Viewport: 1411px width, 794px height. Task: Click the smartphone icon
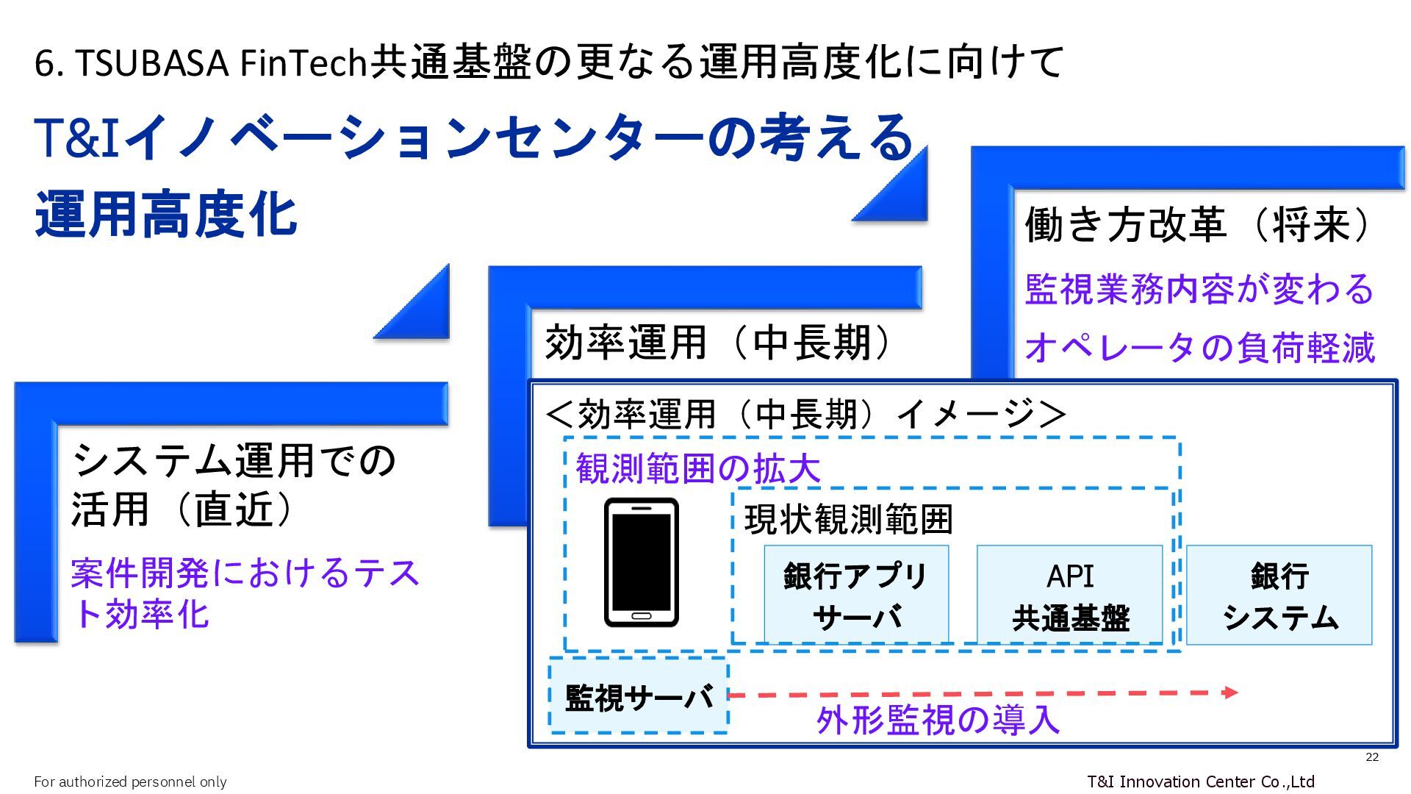pyautogui.click(x=641, y=562)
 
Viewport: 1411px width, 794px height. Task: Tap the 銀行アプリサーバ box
pyautogui.click(x=856, y=595)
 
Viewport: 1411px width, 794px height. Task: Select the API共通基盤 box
pyautogui.click(x=1069, y=595)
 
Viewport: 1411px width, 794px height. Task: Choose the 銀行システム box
pyautogui.click(x=1279, y=595)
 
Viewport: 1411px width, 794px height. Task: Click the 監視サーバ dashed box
pyautogui.click(x=639, y=696)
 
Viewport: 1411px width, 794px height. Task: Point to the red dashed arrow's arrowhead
pyautogui.click(x=1230, y=692)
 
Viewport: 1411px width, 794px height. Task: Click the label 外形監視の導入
pyautogui.click(x=938, y=720)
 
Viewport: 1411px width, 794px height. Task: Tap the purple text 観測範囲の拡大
pyautogui.click(x=697, y=468)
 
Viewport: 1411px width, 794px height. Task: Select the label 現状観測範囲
pyautogui.click(x=848, y=520)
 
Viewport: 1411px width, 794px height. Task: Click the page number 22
pyautogui.click(x=1371, y=757)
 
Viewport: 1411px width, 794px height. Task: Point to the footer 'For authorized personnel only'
pyautogui.click(x=130, y=782)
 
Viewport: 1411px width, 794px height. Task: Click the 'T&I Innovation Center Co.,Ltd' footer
pyautogui.click(x=1200, y=781)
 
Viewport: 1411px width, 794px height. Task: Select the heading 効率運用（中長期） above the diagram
pyautogui.click(x=719, y=343)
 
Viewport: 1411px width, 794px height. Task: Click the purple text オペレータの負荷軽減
pyautogui.click(x=1199, y=347)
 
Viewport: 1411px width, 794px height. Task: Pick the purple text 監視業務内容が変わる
pyautogui.click(x=1199, y=289)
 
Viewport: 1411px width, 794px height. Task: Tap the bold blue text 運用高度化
pyautogui.click(x=166, y=215)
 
